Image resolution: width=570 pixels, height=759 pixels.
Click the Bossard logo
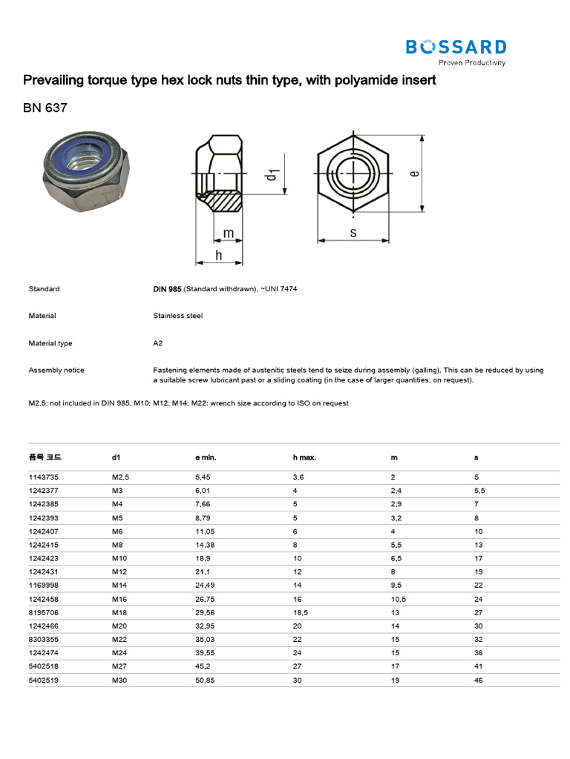coord(456,51)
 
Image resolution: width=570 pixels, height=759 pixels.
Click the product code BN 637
coord(45,107)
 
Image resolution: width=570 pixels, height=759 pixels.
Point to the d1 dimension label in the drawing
coord(272,174)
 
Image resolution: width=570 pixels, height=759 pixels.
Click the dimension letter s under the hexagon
coord(354,233)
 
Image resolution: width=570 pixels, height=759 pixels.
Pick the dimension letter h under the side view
coord(219,254)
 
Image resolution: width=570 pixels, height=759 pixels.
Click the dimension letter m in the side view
coord(229,233)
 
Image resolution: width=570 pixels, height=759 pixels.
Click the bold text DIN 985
coord(167,289)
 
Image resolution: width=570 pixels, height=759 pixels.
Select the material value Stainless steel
coord(177,316)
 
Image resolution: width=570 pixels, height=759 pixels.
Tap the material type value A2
coord(157,343)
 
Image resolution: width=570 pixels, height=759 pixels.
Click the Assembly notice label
coord(56,370)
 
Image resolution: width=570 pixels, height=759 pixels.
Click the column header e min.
coord(206,458)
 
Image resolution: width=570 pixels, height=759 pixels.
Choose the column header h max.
coord(304,458)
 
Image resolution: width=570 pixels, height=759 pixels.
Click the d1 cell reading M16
coord(119,599)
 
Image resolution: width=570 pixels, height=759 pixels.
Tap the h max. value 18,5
coord(301,612)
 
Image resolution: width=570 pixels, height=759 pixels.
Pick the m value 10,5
coord(398,599)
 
